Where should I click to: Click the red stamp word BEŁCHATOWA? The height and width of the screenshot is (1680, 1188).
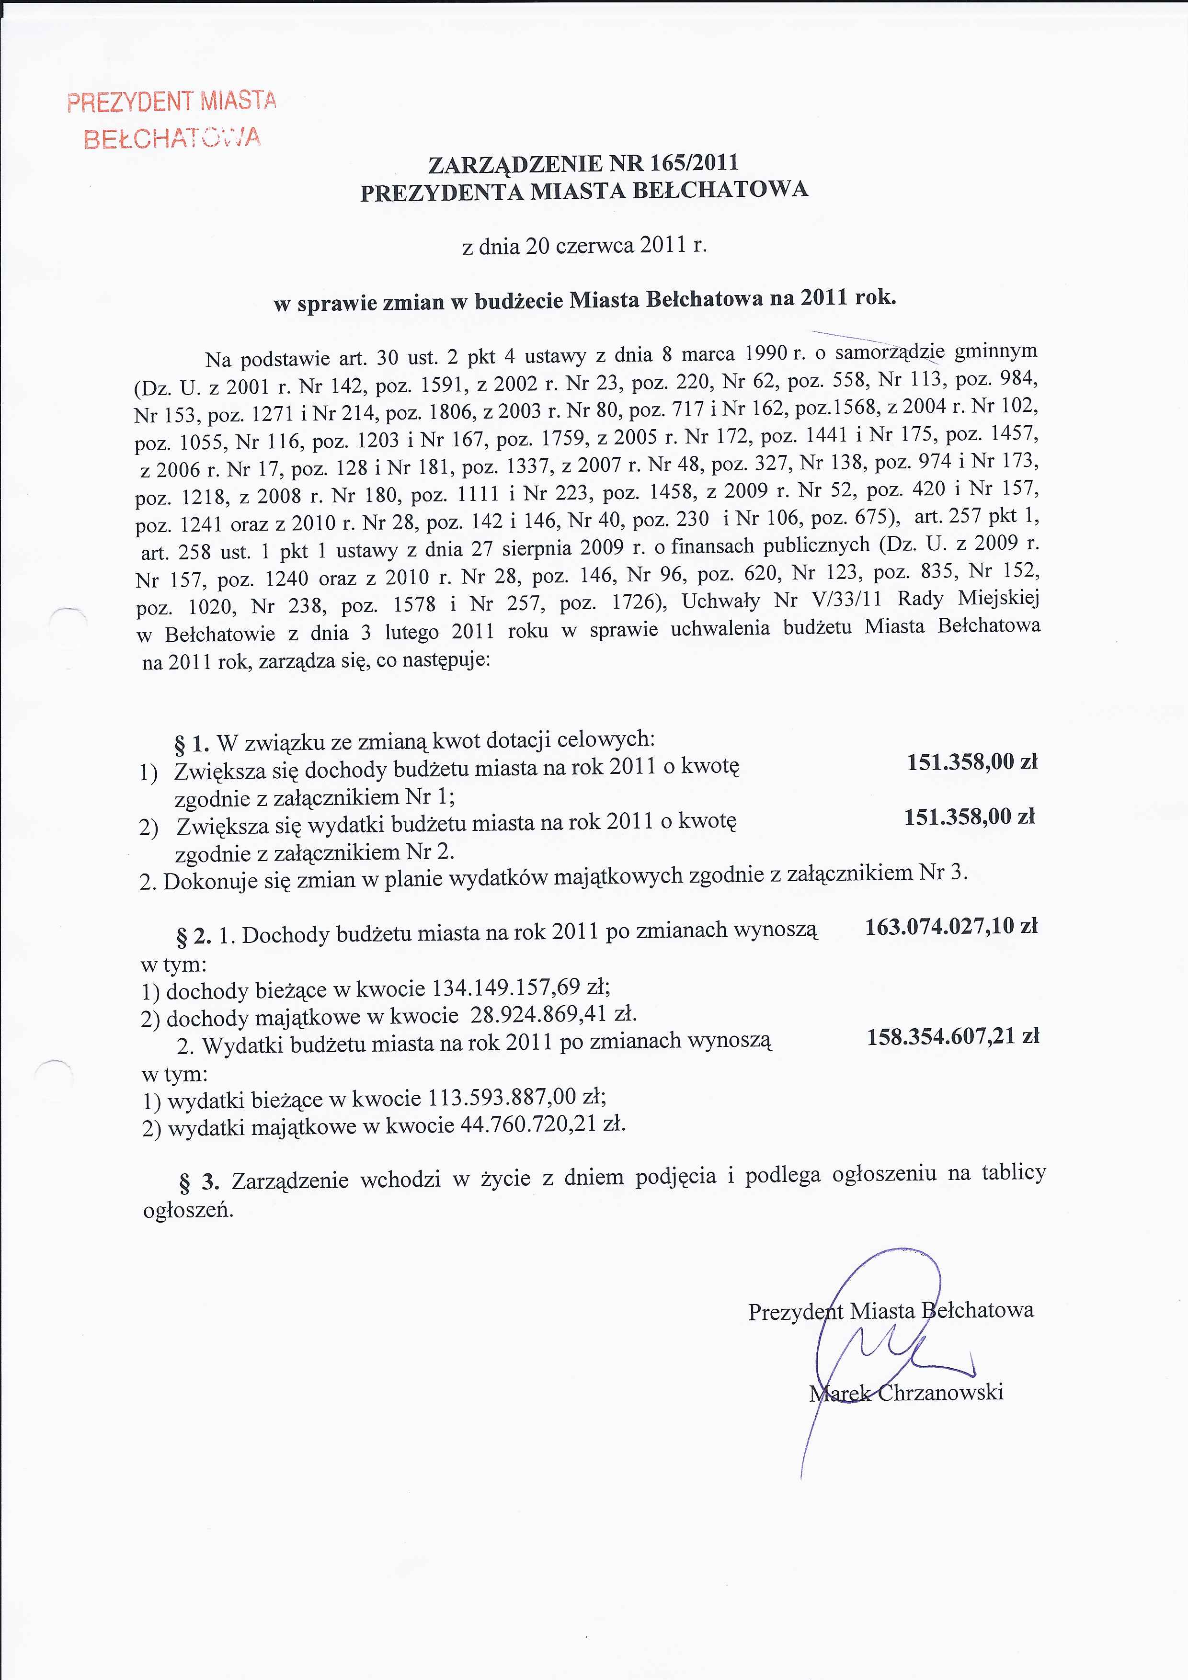[172, 137]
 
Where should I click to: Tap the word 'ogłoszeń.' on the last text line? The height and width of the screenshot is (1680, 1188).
[188, 1210]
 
